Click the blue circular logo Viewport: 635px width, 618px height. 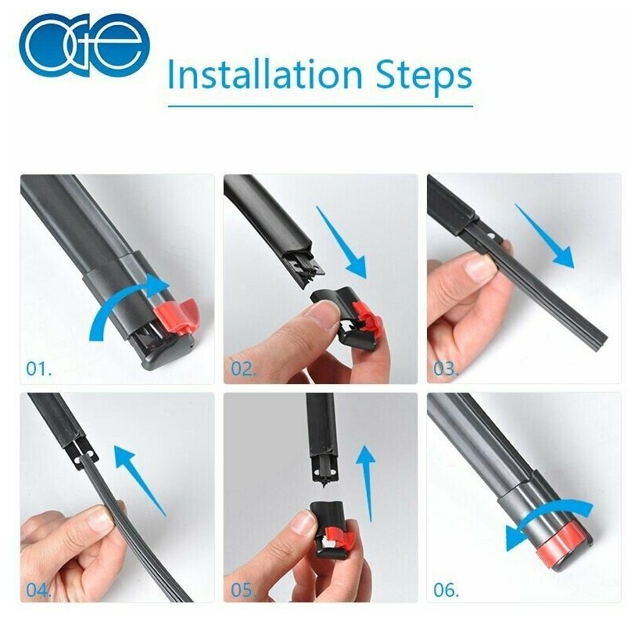tap(84, 45)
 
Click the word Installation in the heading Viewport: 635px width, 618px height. tap(265, 74)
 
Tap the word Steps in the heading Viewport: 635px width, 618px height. tap(424, 76)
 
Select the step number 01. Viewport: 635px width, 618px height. tap(39, 368)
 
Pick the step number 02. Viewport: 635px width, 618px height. tap(243, 368)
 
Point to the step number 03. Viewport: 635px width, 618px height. tap(446, 368)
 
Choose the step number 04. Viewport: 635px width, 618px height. tap(39, 590)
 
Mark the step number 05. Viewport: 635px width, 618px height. tap(243, 590)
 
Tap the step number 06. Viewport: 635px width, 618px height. tap(446, 590)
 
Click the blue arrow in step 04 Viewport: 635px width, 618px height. tap(140, 480)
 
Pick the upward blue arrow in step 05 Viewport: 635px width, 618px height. tap(368, 482)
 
